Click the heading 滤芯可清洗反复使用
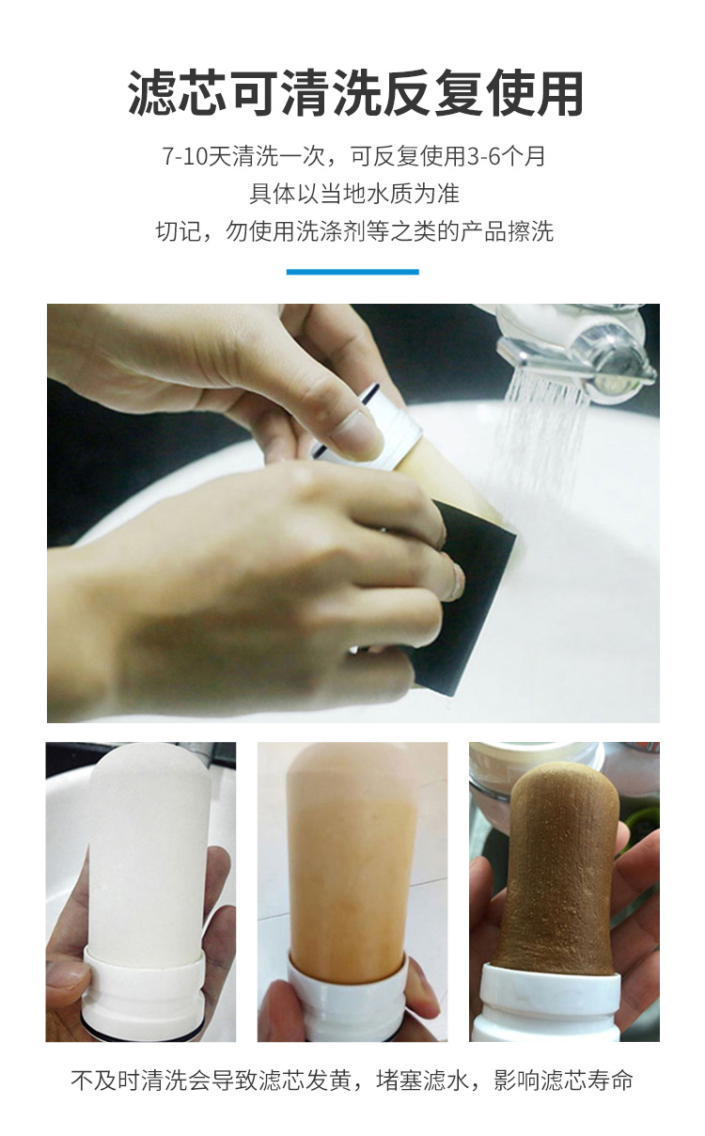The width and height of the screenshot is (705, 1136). [354, 94]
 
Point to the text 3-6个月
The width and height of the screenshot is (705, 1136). [506, 156]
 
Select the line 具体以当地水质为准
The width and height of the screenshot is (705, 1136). [354, 194]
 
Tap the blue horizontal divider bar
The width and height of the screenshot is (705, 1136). [352, 272]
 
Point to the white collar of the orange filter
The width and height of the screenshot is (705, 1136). [349, 1006]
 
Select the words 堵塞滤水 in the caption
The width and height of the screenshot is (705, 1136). [422, 1080]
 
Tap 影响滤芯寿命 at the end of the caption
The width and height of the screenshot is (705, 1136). [563, 1080]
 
